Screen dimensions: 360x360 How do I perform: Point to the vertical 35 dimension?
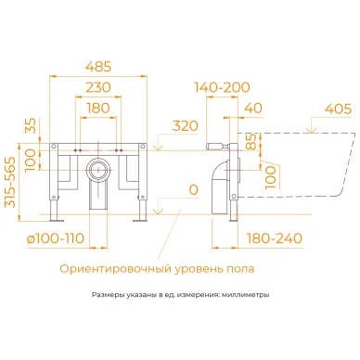pyautogui.click(x=32, y=125)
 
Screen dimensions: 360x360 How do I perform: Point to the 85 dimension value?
pyautogui.click(x=248, y=145)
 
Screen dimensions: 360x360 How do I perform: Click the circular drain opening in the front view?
pyautogui.click(x=97, y=171)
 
